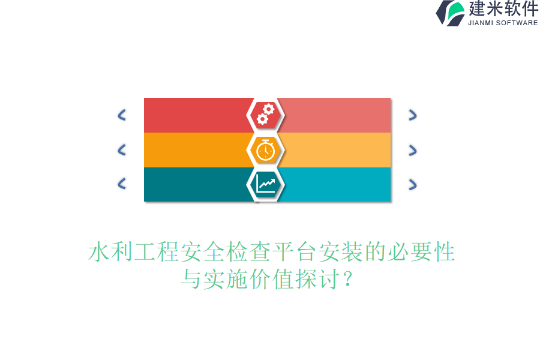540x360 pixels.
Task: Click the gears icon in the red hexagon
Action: [265, 114]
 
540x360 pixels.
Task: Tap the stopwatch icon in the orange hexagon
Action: [265, 149]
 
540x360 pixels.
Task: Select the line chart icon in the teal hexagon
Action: [265, 184]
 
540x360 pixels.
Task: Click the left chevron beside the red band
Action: [122, 115]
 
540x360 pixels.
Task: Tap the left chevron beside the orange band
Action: [122, 150]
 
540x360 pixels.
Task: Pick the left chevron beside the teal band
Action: [122, 184]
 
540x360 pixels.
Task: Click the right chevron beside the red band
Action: [412, 115]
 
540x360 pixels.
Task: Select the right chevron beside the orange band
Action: [412, 150]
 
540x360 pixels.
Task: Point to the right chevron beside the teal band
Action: [412, 184]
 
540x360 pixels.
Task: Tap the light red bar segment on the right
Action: [336, 115]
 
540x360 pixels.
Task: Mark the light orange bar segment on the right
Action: [336, 150]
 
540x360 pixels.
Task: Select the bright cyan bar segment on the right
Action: [336, 184]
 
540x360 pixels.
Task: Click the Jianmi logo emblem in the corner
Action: [451, 13]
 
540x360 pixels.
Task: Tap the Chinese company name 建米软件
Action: [503, 9]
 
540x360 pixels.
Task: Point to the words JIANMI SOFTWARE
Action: [503, 23]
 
